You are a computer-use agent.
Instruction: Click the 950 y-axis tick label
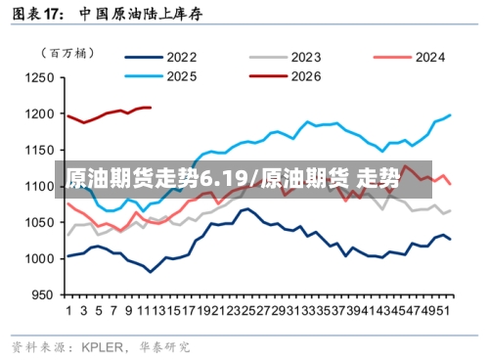click(x=41, y=294)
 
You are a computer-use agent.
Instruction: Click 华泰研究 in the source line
click(x=162, y=345)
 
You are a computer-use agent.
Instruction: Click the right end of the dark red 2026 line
click(x=150, y=107)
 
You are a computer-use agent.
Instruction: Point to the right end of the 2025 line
click(x=450, y=115)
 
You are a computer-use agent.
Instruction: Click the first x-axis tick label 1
click(x=68, y=311)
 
